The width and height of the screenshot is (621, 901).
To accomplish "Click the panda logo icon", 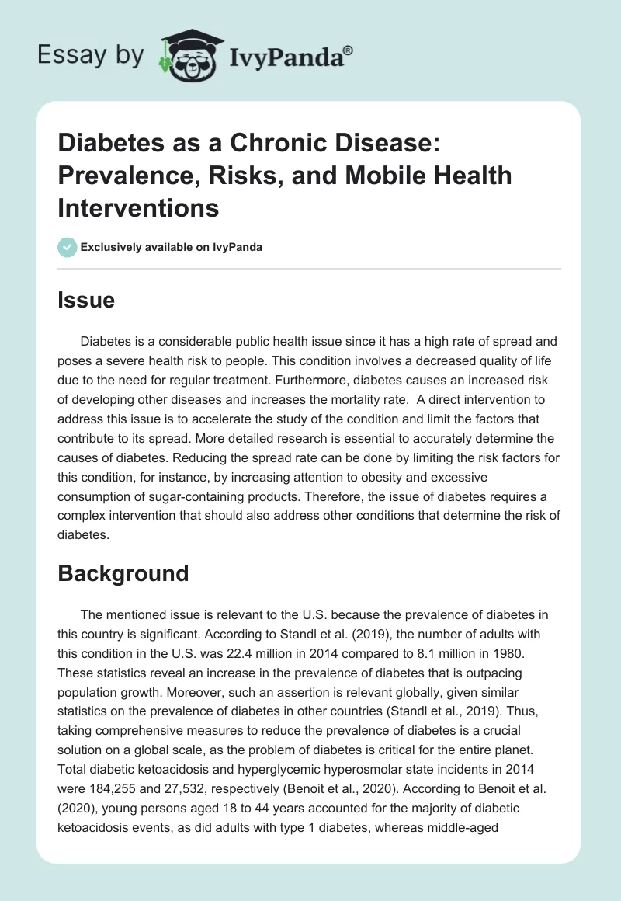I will (187, 54).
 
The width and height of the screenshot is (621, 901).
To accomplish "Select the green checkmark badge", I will (67, 247).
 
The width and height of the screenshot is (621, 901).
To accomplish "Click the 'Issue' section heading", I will (86, 300).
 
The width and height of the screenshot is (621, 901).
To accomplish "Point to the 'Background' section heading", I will (123, 572).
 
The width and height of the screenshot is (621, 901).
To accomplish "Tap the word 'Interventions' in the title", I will (139, 208).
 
